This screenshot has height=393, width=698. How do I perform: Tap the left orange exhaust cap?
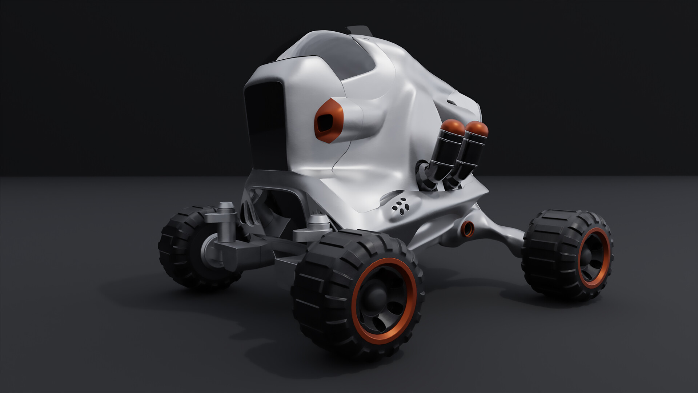click(x=452, y=127)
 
